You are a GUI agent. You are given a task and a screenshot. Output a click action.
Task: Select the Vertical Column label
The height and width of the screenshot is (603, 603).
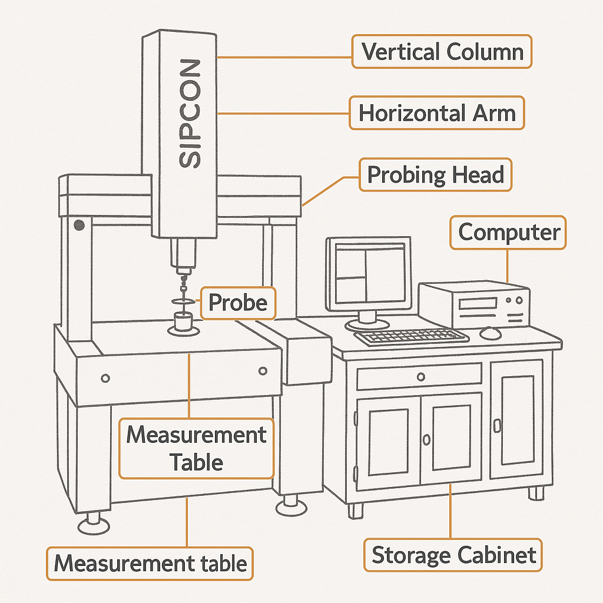[442, 52]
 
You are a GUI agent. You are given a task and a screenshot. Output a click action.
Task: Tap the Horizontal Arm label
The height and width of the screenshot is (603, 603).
[436, 112]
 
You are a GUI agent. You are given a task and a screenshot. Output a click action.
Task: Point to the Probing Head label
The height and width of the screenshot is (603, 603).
[435, 175]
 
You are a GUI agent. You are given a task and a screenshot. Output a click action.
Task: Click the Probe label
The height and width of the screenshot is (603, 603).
[238, 303]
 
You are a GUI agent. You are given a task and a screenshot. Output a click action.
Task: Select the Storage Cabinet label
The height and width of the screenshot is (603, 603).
[453, 555]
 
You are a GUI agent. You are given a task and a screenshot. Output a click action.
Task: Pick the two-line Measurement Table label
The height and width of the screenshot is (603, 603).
[197, 448]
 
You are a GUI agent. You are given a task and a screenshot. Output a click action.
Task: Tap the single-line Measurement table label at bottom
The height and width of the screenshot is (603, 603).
[150, 564]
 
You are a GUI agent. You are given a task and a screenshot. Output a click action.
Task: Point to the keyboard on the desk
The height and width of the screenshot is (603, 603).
[411, 337]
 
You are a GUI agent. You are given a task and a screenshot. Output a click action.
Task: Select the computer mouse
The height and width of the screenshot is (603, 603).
[490, 333]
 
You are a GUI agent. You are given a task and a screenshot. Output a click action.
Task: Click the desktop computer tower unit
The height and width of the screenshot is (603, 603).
[474, 304]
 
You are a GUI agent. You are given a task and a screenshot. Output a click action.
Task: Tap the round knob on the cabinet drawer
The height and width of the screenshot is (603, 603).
[420, 377]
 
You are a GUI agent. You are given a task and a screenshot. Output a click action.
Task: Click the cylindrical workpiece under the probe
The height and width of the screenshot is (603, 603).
[184, 323]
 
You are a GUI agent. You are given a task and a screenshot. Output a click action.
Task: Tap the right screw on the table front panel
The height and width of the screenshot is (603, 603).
[262, 370]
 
